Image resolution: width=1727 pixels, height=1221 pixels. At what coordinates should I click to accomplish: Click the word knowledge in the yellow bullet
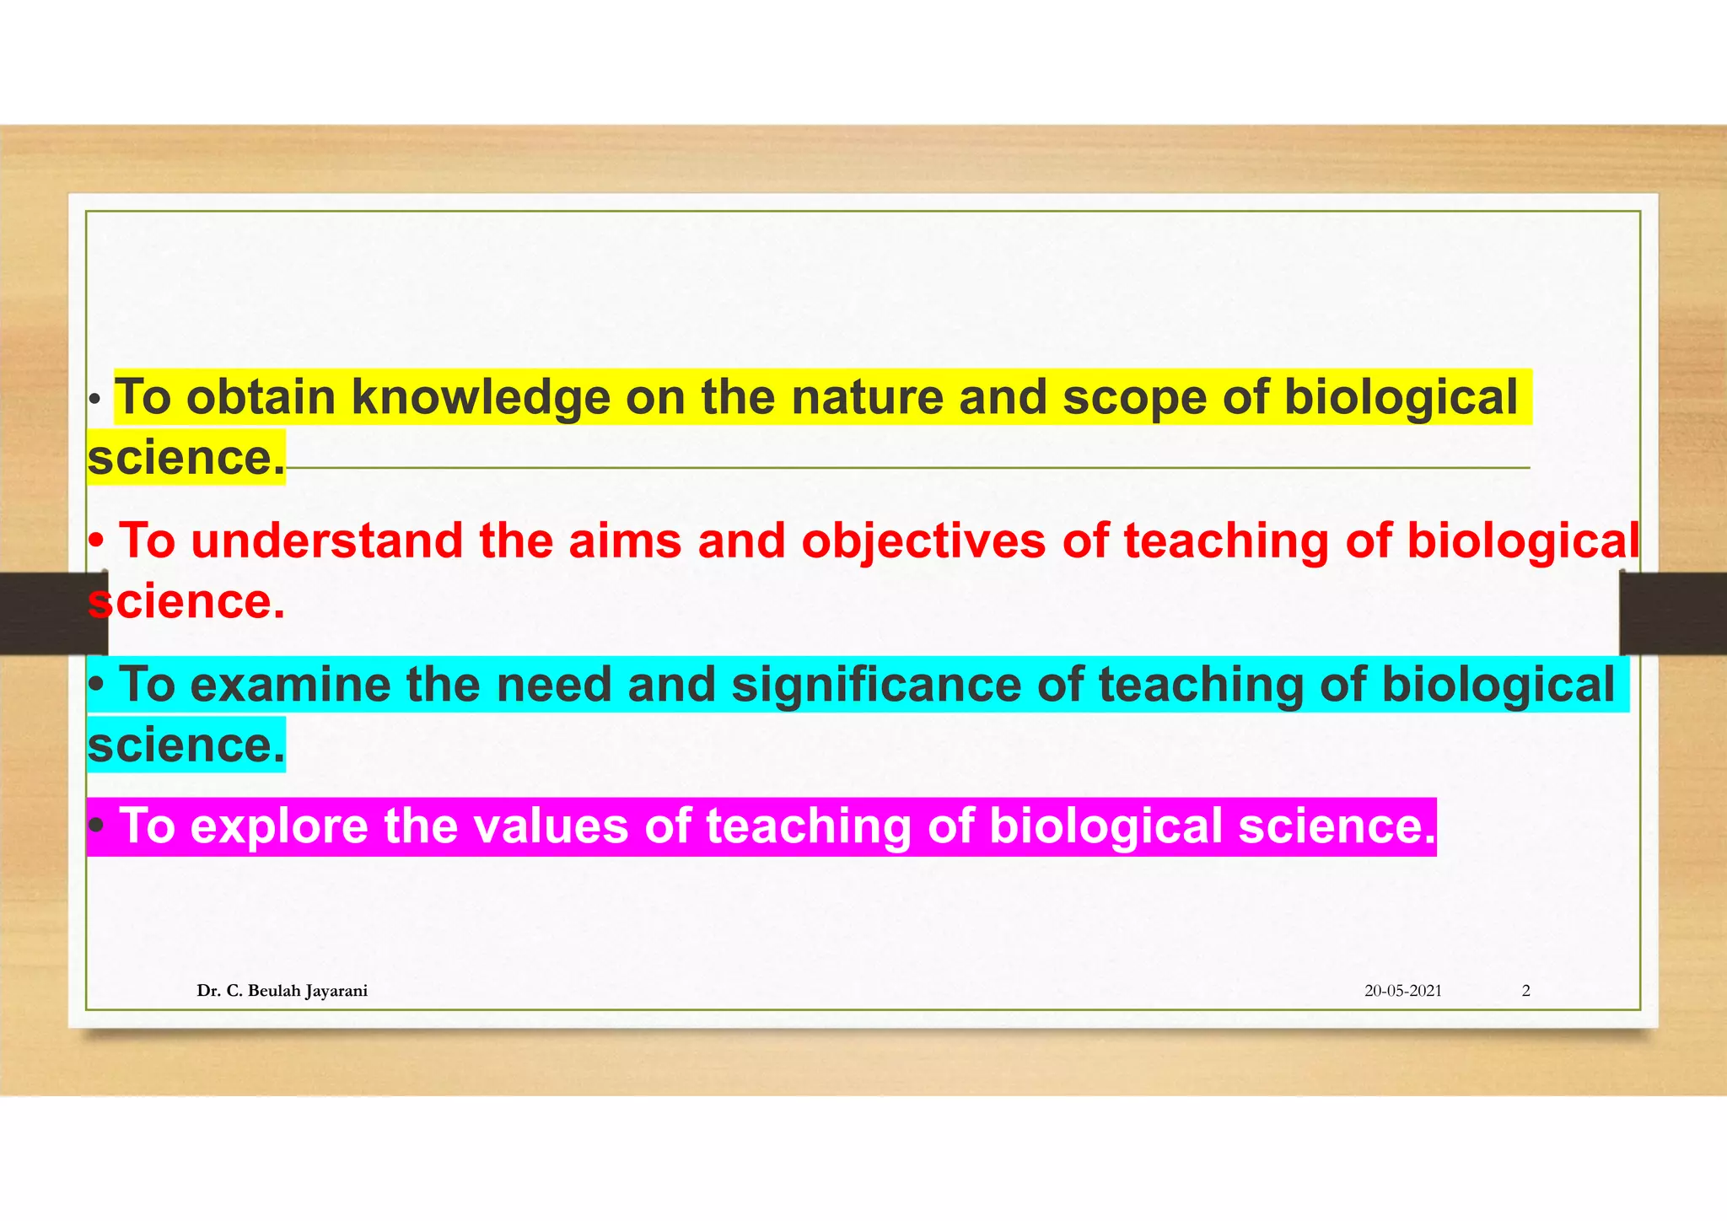(x=480, y=398)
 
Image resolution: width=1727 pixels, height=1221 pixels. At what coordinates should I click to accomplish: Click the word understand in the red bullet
(x=326, y=541)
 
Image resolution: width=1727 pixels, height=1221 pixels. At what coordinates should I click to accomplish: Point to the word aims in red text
(x=624, y=541)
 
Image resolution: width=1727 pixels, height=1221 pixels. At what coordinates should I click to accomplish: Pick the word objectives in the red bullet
(x=923, y=542)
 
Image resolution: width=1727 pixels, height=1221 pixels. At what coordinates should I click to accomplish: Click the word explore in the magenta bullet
(x=278, y=826)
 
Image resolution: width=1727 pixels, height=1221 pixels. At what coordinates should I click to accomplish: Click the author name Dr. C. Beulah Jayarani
(x=282, y=991)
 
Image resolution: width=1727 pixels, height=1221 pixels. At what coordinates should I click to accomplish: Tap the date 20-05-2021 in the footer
(x=1402, y=991)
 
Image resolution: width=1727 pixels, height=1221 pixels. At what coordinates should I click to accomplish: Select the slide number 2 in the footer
(x=1525, y=991)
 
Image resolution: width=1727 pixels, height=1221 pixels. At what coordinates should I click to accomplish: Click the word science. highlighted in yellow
(x=186, y=458)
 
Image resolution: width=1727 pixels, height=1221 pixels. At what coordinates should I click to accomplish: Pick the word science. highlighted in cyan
(x=186, y=745)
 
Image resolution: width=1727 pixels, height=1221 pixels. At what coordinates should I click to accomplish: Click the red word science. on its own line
(x=186, y=602)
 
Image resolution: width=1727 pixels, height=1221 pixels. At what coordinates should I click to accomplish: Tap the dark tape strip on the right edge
(x=1673, y=613)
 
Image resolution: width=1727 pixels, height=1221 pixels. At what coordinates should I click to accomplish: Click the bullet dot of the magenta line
(x=97, y=826)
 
